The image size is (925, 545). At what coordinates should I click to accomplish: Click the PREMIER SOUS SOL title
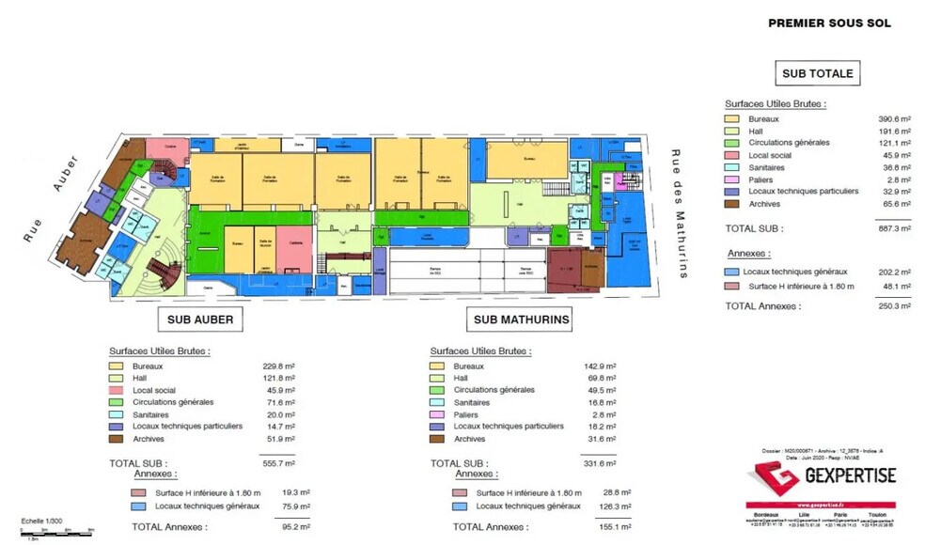(829, 23)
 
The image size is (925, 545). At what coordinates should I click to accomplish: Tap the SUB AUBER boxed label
(200, 319)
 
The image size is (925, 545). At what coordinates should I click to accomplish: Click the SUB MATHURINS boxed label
(521, 319)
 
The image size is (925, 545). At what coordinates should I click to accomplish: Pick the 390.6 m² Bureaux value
(894, 119)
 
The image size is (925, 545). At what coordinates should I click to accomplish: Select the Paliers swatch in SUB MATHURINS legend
(437, 414)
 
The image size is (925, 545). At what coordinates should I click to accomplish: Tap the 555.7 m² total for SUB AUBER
(277, 462)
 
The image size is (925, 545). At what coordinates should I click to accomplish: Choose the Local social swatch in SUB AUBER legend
(118, 390)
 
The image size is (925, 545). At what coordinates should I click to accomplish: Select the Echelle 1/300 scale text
(43, 521)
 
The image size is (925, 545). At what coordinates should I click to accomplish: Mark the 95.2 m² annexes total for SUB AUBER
(277, 527)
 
